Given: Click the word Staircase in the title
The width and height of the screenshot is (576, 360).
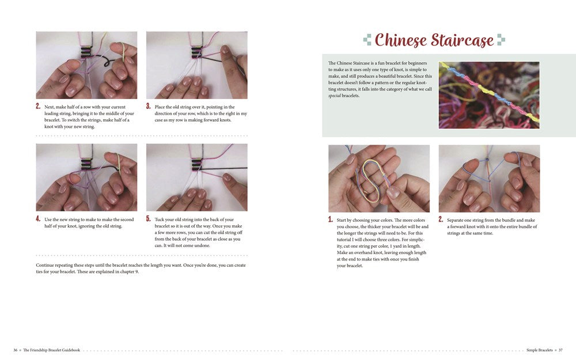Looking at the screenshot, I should tap(463, 40).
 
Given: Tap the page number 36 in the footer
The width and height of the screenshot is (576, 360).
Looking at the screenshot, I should tap(16, 350).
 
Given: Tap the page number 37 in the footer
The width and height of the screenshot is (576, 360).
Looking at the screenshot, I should tap(560, 350).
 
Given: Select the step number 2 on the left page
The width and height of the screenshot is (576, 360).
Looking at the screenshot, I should tap(38, 107).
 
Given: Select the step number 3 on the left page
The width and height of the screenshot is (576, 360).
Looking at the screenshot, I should tap(149, 107).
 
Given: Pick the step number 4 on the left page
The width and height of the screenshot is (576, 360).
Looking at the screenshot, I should tap(38, 219).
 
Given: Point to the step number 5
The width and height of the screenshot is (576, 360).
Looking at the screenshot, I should tap(149, 219).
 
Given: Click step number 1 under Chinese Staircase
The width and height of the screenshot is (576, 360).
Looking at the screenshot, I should tap(331, 219).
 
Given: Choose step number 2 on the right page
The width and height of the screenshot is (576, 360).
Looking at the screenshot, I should tap(441, 219).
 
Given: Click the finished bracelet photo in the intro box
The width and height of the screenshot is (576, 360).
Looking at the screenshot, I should tap(488, 95).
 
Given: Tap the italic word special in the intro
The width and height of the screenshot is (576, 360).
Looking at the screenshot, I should tap(338, 96).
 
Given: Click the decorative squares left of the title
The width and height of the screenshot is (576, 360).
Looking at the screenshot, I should tap(367, 40).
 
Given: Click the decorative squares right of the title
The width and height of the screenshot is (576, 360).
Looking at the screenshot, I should tap(501, 40).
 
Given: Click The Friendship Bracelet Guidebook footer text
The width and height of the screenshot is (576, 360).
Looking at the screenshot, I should tap(51, 350).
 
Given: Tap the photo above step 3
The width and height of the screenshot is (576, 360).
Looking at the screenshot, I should tap(196, 65).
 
